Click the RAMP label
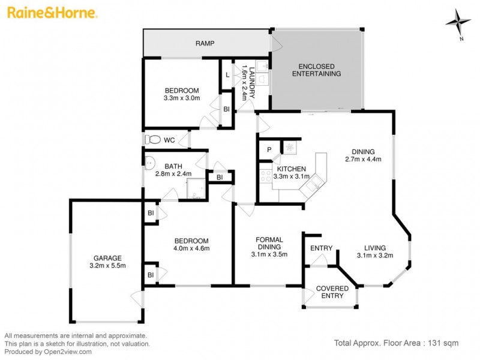click(205, 44)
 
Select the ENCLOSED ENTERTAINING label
click(316, 70)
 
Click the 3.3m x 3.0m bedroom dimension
click(181, 97)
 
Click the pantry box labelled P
click(269, 149)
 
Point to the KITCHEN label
click(292, 169)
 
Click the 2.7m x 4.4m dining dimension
click(363, 159)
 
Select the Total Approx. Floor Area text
click(396, 343)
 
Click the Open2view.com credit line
click(48, 352)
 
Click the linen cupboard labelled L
click(227, 74)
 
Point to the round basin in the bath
click(149, 161)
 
